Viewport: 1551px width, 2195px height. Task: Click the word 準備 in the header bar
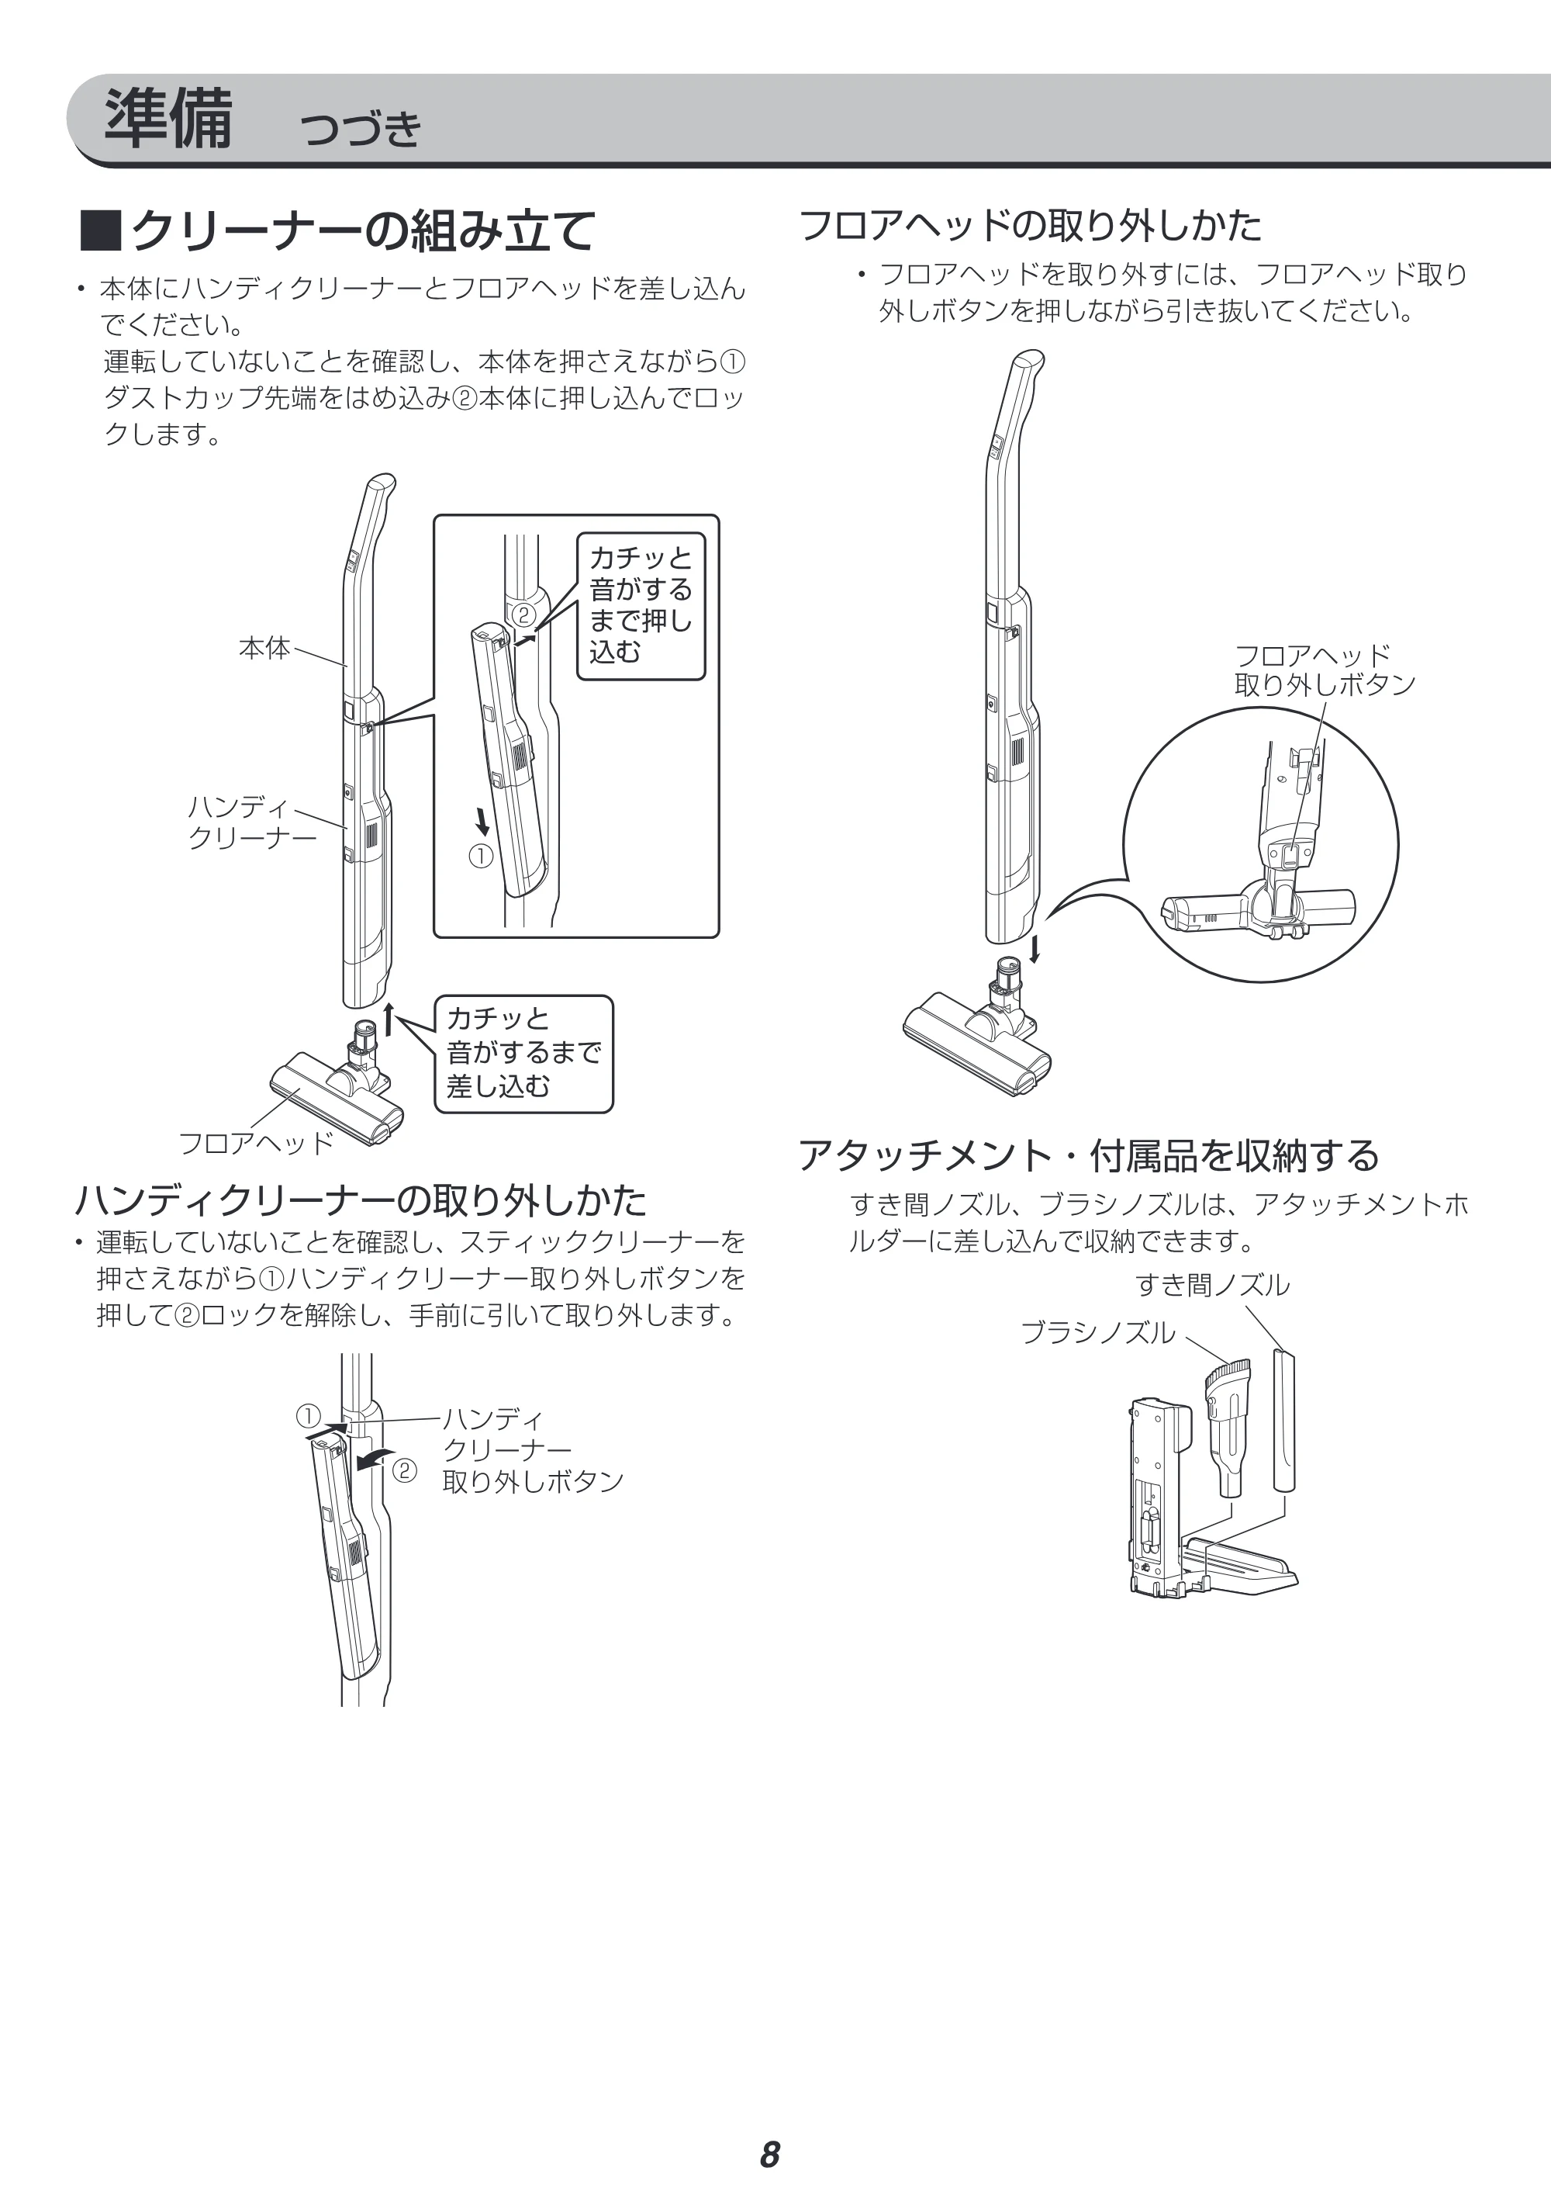pos(168,119)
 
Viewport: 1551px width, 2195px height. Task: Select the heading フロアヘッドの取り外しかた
pos(1029,226)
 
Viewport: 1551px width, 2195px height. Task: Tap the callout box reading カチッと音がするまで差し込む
pos(523,1054)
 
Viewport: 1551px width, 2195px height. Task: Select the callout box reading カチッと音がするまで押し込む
pos(641,606)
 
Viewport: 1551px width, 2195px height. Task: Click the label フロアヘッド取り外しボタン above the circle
pos(1325,670)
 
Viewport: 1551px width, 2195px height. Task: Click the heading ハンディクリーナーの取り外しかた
pos(361,1199)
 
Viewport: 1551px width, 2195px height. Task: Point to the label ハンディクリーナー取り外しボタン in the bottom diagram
pos(532,1450)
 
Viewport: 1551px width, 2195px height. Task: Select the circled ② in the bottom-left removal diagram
pos(404,1470)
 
